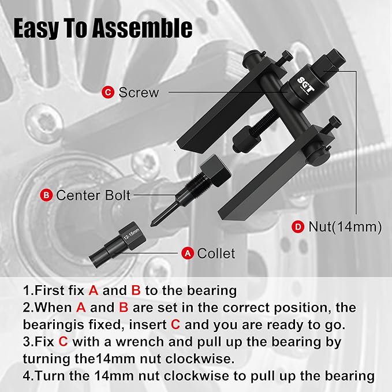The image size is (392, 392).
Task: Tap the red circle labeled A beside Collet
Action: [186, 253]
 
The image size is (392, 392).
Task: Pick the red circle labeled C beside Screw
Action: [108, 92]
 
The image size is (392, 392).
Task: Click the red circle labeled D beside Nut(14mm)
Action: [298, 227]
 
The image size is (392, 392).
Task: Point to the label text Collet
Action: [216, 253]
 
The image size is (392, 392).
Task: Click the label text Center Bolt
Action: [94, 195]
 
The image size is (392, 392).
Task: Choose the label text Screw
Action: [138, 92]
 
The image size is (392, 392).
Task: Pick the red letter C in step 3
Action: [62, 341]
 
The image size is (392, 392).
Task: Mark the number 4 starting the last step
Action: [27, 375]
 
